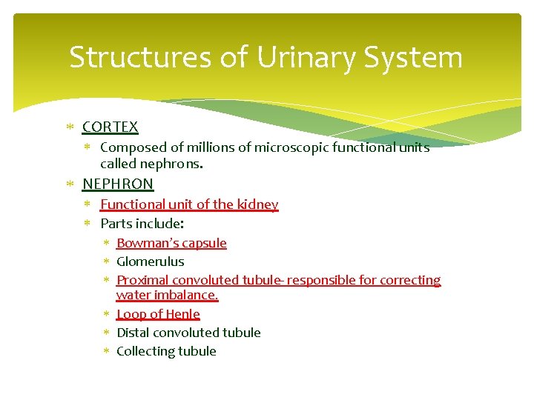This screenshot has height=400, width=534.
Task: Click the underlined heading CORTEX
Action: point(110,127)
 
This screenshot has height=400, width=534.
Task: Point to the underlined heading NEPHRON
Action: point(118,184)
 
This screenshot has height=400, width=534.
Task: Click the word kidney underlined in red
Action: point(259,204)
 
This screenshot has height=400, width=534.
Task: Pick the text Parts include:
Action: point(142,223)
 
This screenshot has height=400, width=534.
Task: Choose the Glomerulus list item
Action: point(150,261)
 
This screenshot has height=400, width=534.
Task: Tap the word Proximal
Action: point(141,280)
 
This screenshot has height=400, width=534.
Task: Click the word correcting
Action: point(410,280)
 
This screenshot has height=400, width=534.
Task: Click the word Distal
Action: point(133,333)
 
